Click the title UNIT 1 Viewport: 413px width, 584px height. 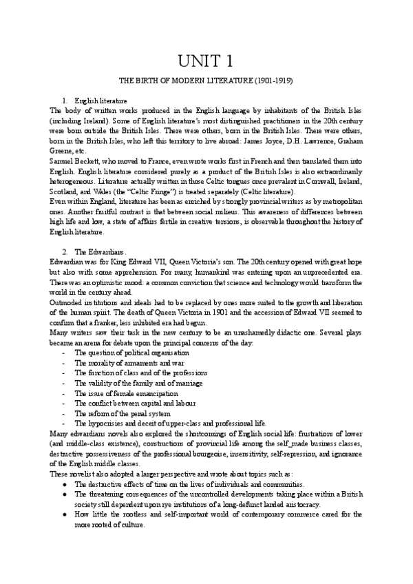(206, 61)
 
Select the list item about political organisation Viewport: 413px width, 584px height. (131, 353)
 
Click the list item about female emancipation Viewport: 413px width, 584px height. (121, 393)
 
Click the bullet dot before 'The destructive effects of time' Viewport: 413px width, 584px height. (64, 484)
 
